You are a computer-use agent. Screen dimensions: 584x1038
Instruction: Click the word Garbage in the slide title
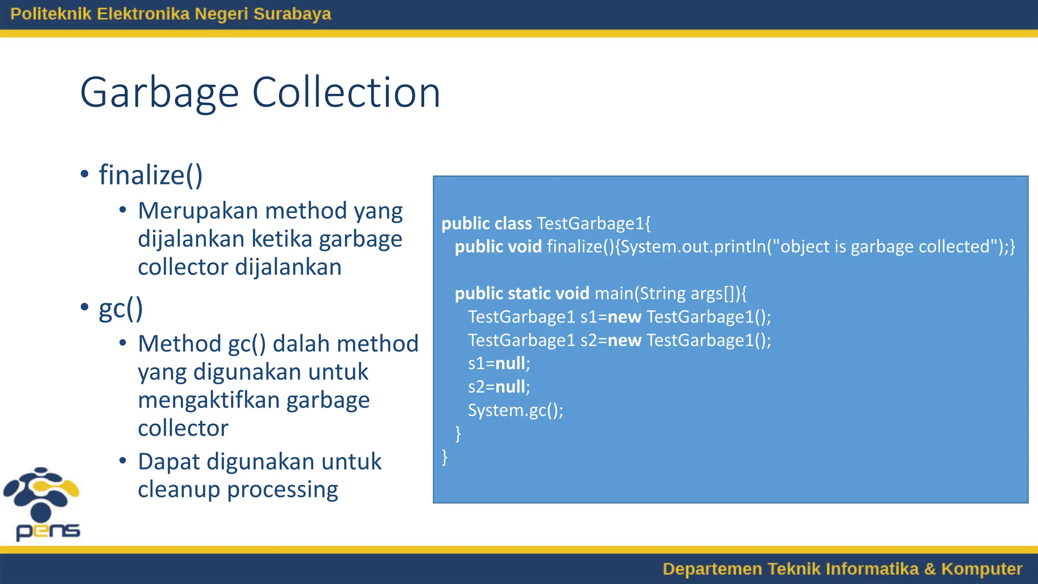[159, 93]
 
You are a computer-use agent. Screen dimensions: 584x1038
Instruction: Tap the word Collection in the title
[346, 93]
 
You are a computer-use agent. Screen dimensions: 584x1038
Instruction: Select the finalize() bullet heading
[151, 175]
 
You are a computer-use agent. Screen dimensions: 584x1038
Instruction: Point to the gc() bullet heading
[121, 308]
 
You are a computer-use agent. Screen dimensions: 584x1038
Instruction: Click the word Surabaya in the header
[292, 14]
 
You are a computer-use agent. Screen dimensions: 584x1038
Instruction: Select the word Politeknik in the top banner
[51, 14]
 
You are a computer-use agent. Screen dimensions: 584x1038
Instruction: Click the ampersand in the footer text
[930, 569]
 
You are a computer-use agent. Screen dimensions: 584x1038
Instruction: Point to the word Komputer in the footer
[981, 569]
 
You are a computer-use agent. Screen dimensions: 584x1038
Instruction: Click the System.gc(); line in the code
[515, 410]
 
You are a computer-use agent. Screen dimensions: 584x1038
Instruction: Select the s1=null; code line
[499, 363]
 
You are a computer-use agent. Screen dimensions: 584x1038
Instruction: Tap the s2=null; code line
[499, 387]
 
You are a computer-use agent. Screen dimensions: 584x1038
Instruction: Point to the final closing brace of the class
[444, 457]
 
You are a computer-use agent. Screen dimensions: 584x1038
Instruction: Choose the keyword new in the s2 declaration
[624, 340]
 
